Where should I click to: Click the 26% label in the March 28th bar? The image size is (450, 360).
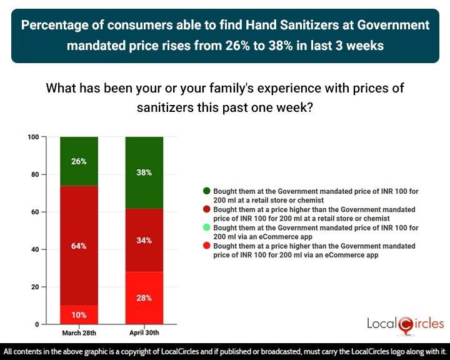[x=79, y=161]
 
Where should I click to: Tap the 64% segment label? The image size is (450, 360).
[x=79, y=246]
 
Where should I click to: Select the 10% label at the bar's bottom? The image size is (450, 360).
[x=79, y=314]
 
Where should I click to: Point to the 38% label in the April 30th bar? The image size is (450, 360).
[x=144, y=172]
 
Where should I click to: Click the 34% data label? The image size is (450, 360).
[x=144, y=240]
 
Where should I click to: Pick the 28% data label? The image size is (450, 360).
[x=144, y=297]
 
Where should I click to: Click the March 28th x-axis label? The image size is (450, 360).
[x=79, y=332]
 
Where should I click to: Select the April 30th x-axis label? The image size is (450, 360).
[x=144, y=332]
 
